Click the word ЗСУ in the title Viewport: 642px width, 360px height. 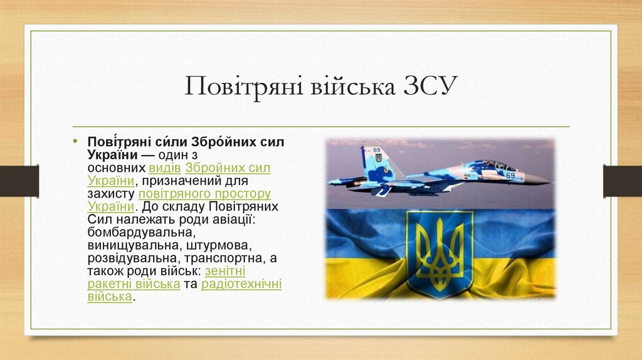pos(426,87)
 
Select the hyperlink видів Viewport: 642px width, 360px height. pos(166,169)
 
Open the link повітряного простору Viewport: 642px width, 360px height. pos(204,194)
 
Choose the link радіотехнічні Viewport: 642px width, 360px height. pos(241,283)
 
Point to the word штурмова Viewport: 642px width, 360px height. pos(219,245)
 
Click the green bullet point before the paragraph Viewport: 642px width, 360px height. pos(75,140)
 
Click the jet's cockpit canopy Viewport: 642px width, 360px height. pos(497,165)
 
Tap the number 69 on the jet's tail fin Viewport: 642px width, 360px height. pos(377,151)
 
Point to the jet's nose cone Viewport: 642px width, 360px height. pos(540,180)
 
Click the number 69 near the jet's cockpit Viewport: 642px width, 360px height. pos(510,175)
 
